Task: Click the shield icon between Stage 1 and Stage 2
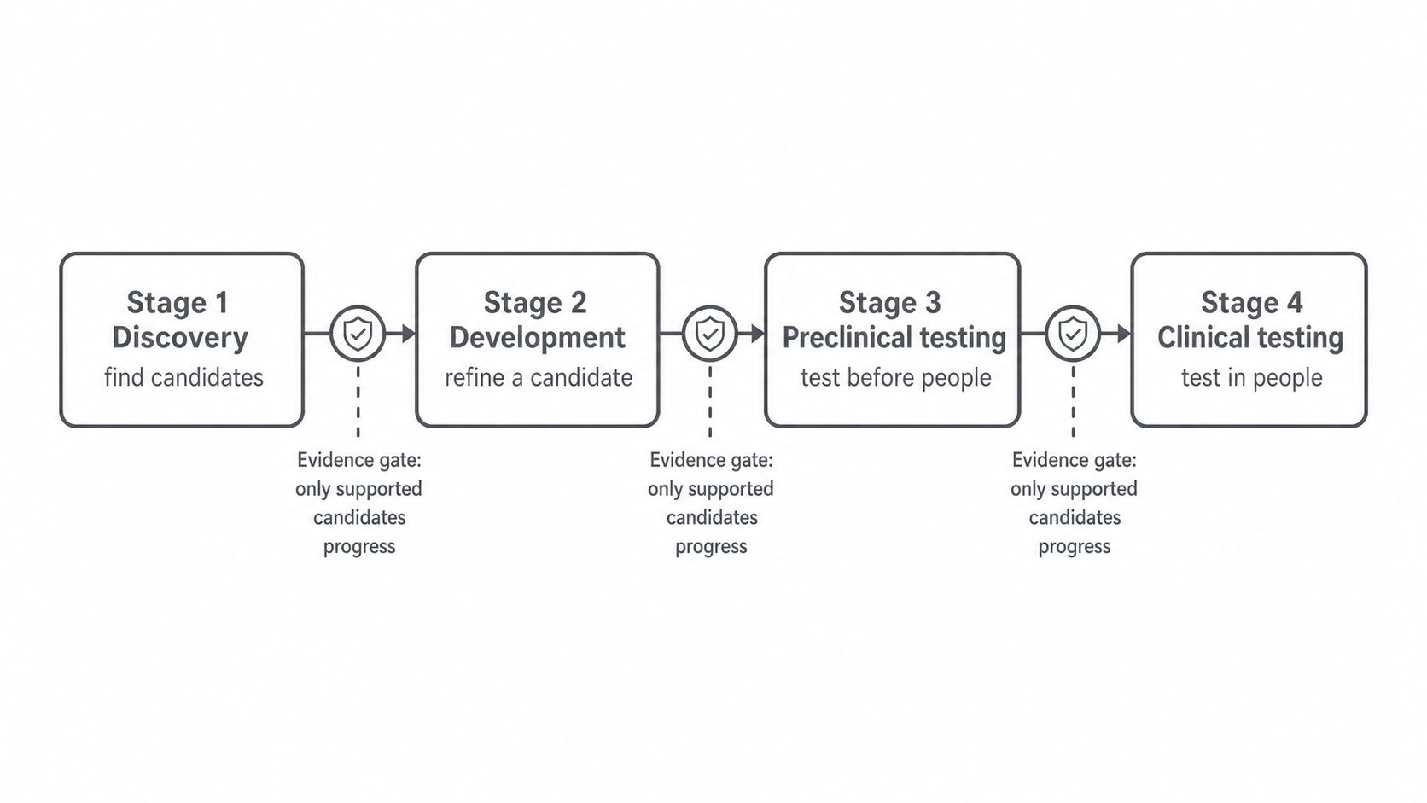click(x=358, y=333)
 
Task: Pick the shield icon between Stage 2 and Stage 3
click(x=710, y=333)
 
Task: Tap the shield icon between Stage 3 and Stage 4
click(x=1073, y=333)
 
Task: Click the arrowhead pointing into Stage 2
click(x=409, y=333)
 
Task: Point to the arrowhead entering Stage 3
click(x=758, y=333)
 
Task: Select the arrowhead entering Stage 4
click(x=1124, y=333)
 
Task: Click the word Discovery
click(x=180, y=338)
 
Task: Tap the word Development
click(x=537, y=338)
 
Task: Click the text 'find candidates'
click(x=183, y=378)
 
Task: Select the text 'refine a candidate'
click(x=539, y=378)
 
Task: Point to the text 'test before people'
click(x=895, y=378)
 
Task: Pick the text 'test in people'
click(x=1252, y=378)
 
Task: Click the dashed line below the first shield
click(x=358, y=400)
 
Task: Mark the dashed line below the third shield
click(x=1074, y=400)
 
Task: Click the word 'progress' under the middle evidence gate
click(x=711, y=547)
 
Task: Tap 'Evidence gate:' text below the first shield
click(x=359, y=460)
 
